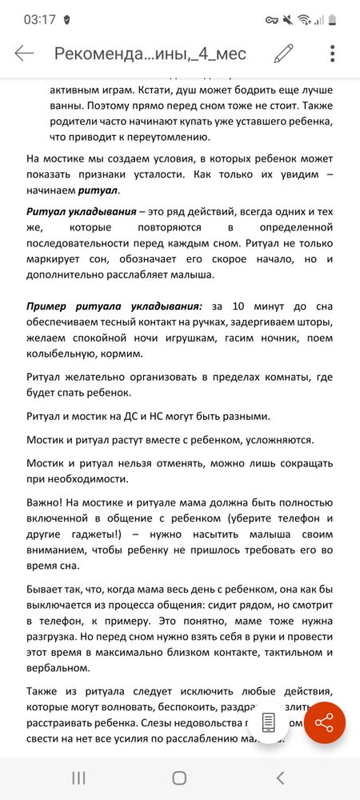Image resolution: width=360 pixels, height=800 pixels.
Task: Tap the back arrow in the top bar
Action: (24, 54)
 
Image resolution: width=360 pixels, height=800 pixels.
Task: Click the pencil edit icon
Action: (283, 54)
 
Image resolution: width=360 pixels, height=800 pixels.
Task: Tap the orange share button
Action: (324, 722)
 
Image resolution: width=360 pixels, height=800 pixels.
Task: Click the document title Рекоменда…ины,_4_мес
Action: (150, 54)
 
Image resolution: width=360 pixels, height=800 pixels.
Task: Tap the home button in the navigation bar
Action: (180, 777)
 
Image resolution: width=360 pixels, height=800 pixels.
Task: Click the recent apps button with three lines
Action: (78, 777)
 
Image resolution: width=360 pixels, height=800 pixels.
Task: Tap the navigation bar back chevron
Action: (280, 777)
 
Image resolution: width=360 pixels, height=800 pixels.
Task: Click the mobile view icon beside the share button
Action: (270, 720)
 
